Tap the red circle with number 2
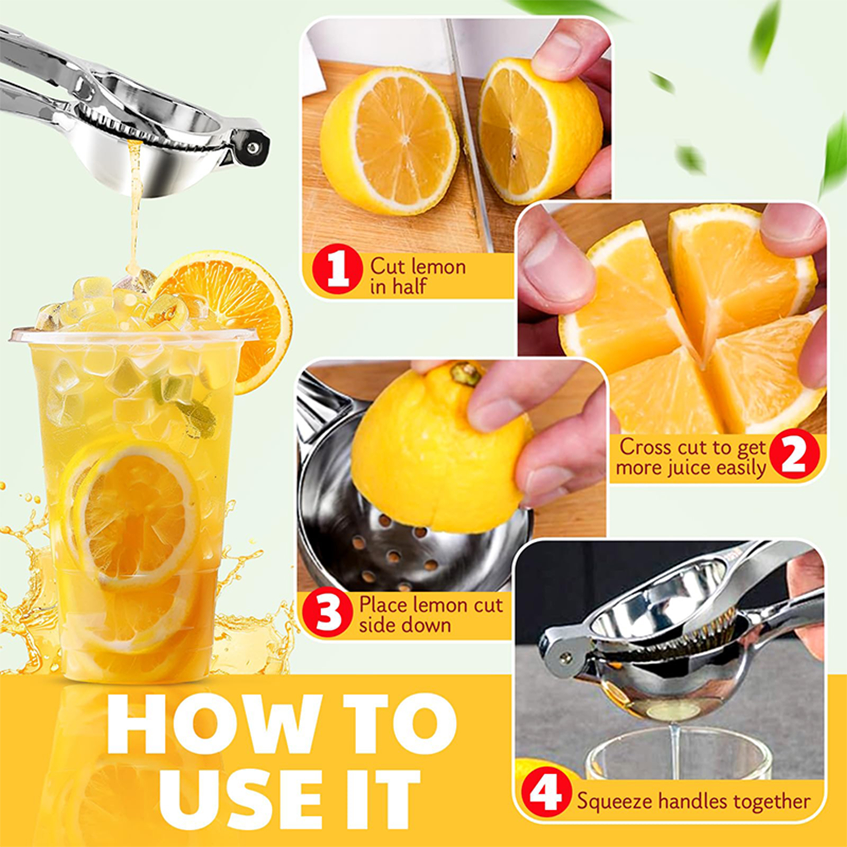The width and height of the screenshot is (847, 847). coord(794,454)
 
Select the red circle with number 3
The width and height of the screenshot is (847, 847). coord(327,614)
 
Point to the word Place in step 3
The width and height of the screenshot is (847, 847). coord(383,605)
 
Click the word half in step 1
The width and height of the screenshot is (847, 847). coord(409,286)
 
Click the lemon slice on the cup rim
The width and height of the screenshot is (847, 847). coord(228,312)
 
